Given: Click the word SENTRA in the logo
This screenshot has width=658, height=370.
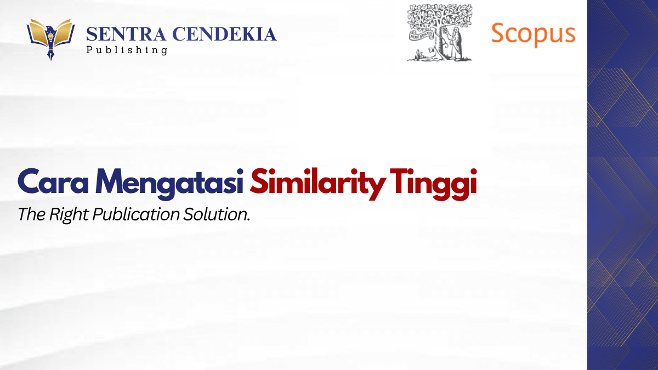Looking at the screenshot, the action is [126, 34].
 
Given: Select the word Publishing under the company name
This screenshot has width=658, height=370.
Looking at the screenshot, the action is [127, 50].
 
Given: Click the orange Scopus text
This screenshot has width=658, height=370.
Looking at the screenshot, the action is [533, 35].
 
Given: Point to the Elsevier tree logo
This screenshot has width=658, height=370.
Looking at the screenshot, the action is [440, 32].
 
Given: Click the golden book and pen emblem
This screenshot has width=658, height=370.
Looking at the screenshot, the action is [50, 39].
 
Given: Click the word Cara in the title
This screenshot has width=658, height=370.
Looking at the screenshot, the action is [53, 181].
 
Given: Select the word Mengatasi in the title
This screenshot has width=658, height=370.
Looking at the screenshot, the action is [169, 184].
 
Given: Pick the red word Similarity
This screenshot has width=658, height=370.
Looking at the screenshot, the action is [317, 184].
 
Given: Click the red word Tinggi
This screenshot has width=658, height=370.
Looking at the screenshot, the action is [433, 184].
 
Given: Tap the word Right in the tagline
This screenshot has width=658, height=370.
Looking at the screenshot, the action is [69, 215].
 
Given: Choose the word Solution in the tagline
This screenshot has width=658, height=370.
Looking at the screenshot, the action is [217, 214].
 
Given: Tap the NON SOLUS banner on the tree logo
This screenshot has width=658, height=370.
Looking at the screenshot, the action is [422, 36].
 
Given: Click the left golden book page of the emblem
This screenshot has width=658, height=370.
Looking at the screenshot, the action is [38, 32].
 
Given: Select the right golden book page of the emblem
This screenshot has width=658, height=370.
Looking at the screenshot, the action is [64, 32].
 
